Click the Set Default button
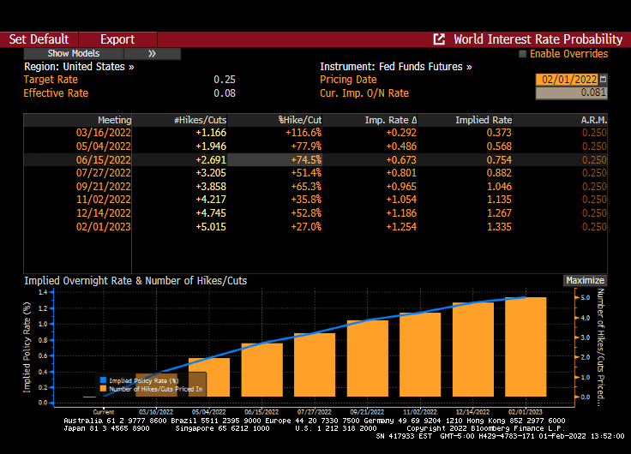pos(39,39)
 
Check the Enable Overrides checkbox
pos(523,54)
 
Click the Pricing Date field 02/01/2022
pos(566,80)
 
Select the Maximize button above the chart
pos(585,280)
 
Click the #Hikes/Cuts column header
pos(200,120)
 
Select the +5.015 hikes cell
pos(211,226)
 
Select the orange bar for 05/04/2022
pos(209,377)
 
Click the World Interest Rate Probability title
pos(538,39)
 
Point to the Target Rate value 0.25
pos(225,80)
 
